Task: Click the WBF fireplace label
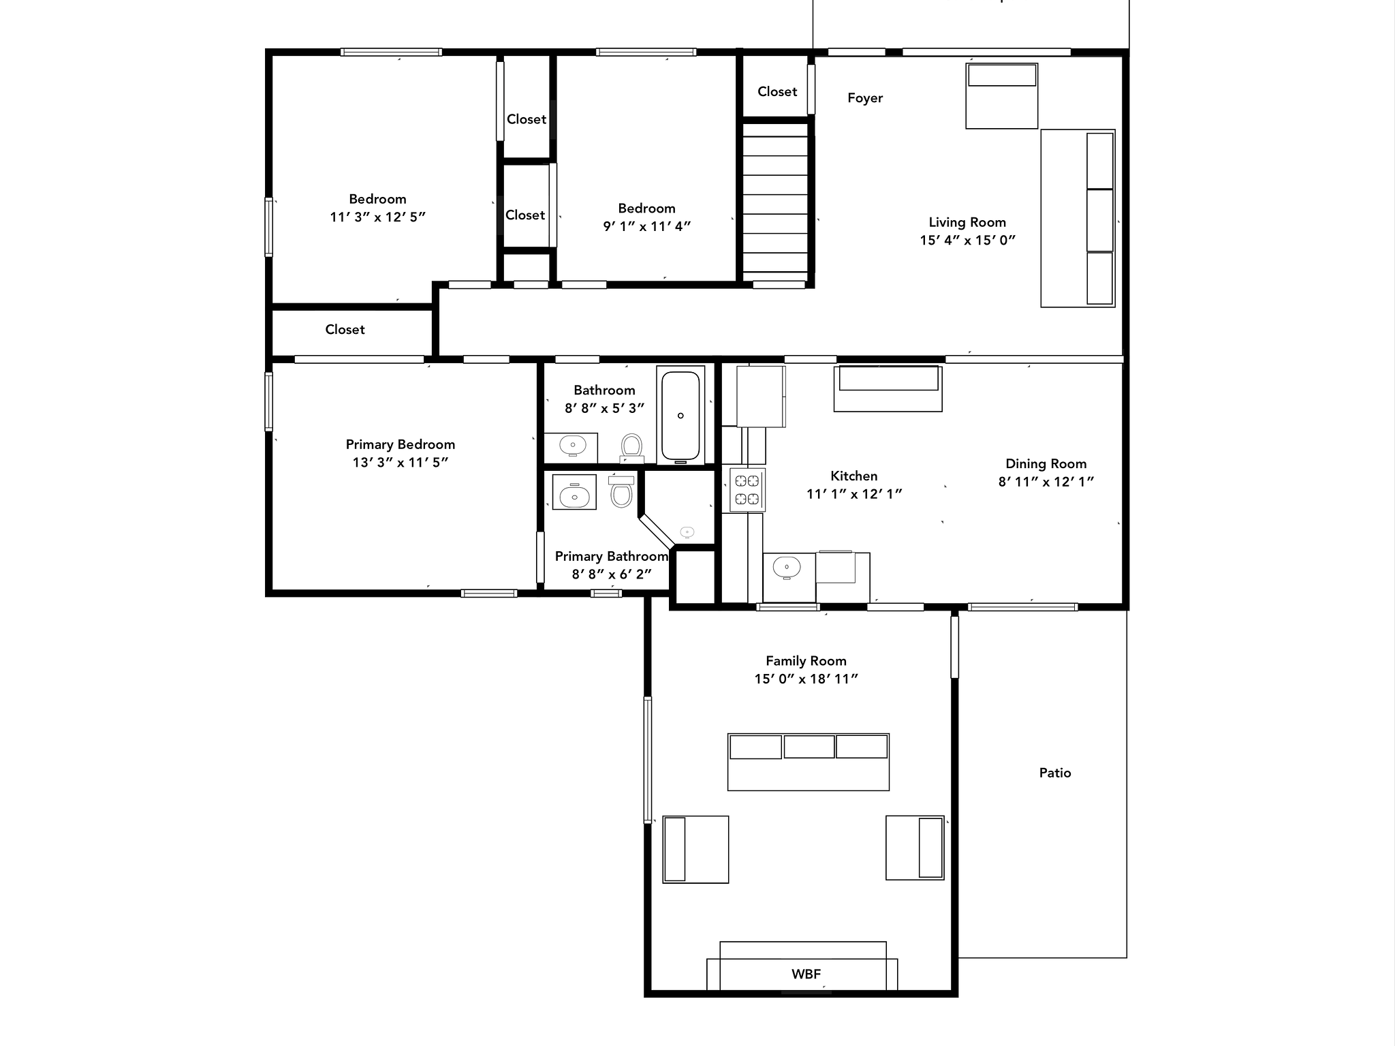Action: point(806,974)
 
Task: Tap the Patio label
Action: point(1055,773)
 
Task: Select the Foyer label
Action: point(865,98)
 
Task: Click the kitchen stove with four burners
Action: point(747,489)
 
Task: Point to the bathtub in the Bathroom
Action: point(680,416)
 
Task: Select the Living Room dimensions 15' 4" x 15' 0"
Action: point(967,240)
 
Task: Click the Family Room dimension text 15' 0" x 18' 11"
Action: point(806,679)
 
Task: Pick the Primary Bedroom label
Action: point(401,445)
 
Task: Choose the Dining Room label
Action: point(1046,464)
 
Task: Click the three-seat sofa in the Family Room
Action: point(809,762)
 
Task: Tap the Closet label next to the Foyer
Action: point(777,91)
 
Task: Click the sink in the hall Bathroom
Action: point(572,446)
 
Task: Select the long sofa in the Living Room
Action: point(1078,218)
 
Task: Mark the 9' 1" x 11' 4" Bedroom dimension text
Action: point(647,226)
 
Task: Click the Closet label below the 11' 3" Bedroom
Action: point(345,330)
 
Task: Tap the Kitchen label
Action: point(854,476)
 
